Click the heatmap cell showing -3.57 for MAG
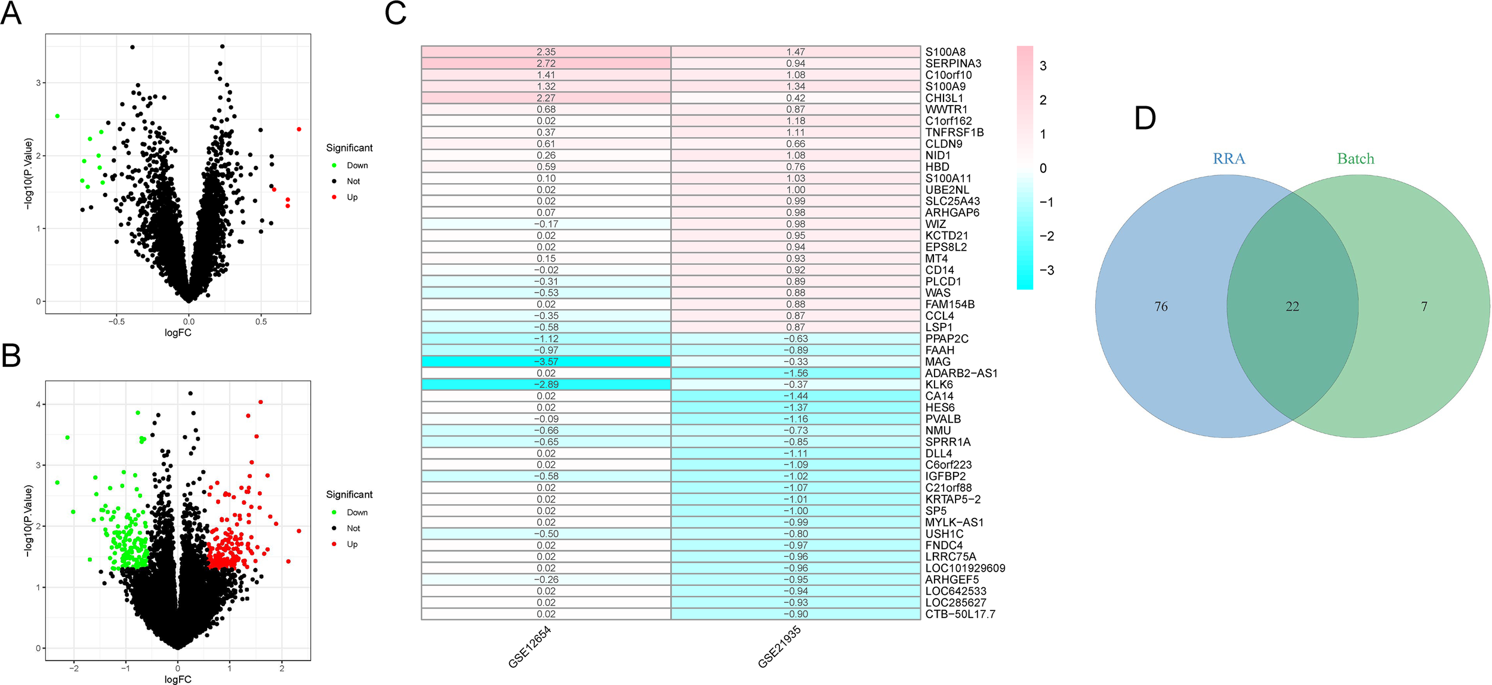point(545,362)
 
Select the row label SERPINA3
point(952,63)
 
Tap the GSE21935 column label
point(779,648)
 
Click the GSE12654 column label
point(529,648)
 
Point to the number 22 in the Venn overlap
point(1292,307)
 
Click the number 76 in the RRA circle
point(1161,307)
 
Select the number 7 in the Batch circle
point(1424,307)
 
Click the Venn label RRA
point(1229,159)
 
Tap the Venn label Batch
point(1355,159)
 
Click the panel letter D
point(1145,119)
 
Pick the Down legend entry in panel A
point(357,165)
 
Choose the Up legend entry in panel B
point(352,544)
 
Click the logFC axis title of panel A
point(178,333)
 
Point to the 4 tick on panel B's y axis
point(38,405)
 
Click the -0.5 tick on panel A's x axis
point(116,322)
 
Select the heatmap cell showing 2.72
point(545,63)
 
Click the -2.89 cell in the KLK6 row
point(545,385)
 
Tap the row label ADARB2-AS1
point(961,374)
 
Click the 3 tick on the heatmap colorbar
point(1043,66)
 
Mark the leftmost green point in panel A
point(57,116)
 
